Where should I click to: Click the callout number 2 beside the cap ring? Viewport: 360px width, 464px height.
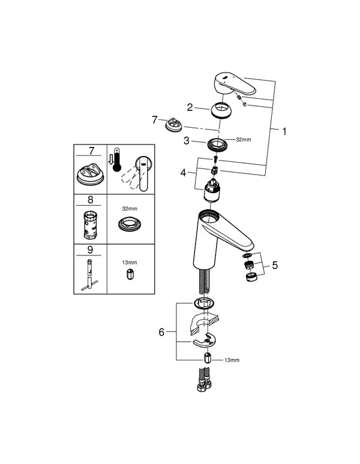click(x=190, y=107)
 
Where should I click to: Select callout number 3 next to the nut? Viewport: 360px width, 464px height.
click(x=187, y=140)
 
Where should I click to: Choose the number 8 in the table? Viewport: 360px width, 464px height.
click(x=90, y=200)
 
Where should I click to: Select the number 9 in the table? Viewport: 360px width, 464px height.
click(x=90, y=249)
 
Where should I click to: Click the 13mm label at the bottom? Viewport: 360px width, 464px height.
click(x=231, y=360)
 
